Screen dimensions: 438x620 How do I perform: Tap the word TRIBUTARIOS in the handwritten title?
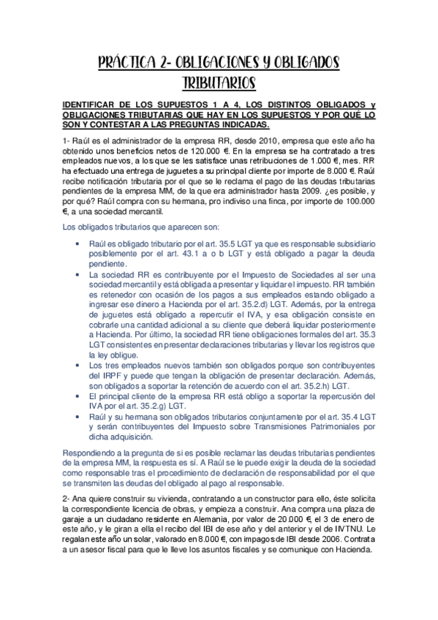point(219,80)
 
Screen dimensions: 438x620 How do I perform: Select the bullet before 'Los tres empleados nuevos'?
point(78,365)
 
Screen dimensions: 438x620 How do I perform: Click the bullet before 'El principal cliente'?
point(78,393)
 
